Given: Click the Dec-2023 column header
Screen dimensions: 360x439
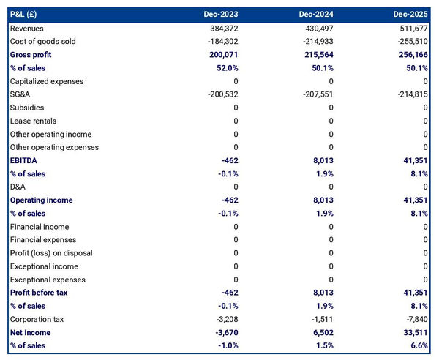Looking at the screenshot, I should (222, 14).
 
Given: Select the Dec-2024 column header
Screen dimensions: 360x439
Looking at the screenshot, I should (317, 14).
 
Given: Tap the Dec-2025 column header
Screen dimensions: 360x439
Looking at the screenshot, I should (411, 14).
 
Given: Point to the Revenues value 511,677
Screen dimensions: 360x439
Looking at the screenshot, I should (413, 28).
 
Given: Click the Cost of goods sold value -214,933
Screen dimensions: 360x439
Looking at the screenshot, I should (317, 42).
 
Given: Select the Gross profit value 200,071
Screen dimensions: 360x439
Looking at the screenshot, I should (222, 55).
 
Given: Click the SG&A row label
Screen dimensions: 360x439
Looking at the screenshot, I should (20, 94).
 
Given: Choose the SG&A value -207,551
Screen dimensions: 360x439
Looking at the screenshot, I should (317, 94).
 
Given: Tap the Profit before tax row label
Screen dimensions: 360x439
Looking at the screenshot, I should (39, 293).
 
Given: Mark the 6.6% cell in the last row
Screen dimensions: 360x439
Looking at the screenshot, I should (418, 345).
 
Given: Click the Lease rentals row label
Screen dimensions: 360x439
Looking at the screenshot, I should (33, 121).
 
